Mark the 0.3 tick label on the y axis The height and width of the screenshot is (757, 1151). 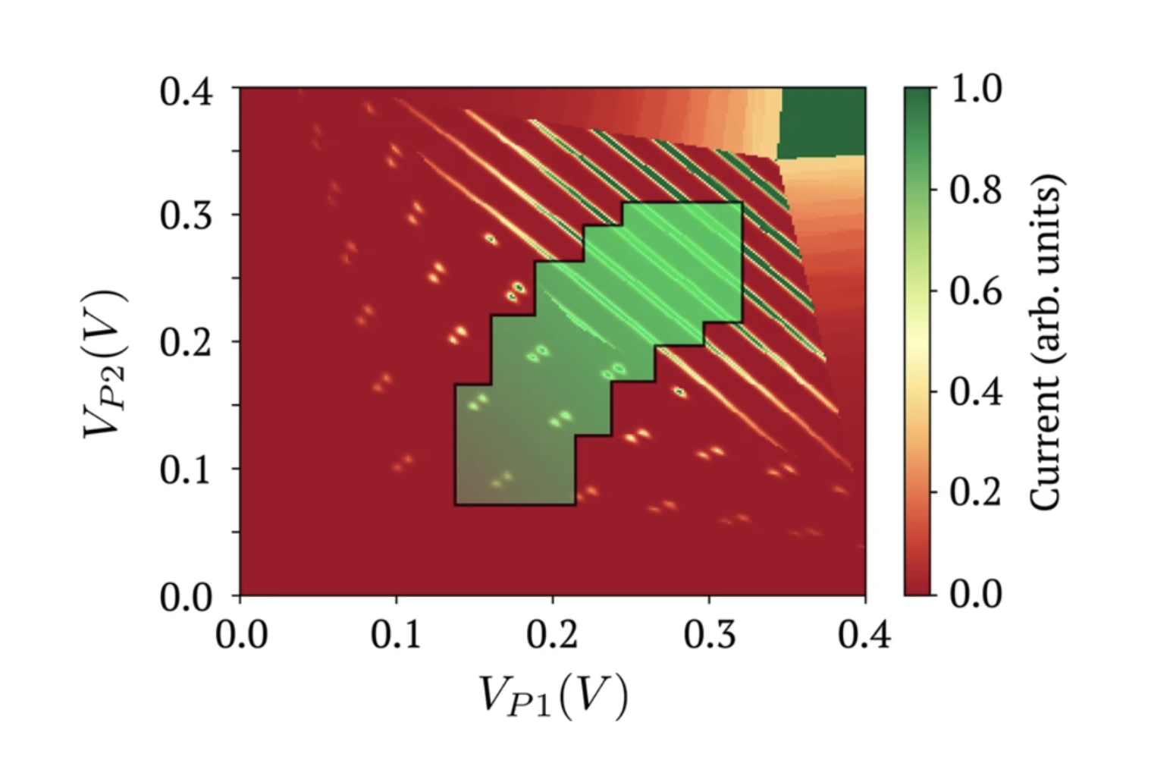pos(186,215)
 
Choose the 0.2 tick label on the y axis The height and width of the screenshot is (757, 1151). pos(186,341)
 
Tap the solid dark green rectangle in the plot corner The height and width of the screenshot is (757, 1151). pos(822,122)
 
